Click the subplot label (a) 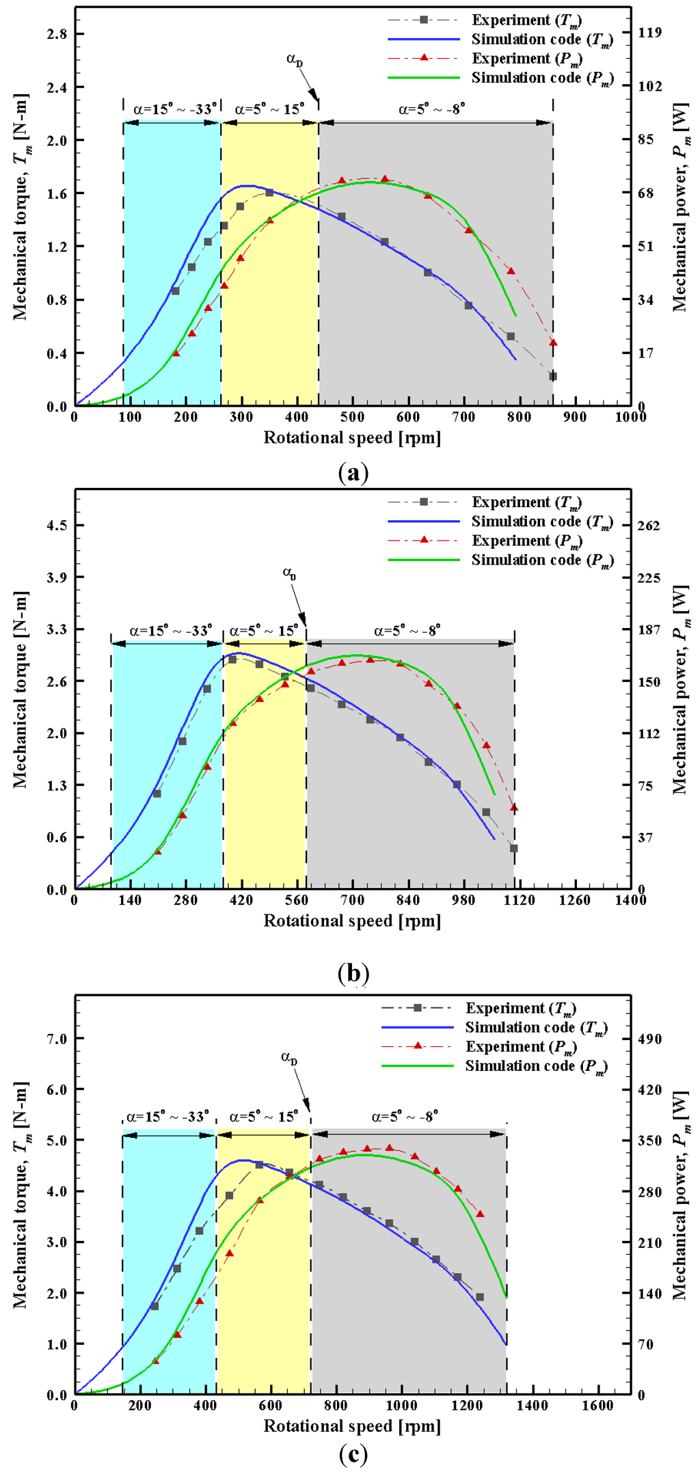point(353,473)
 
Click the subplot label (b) point(353,972)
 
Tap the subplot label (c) point(353,1454)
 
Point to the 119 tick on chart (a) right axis point(649,33)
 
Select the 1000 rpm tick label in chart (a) point(630,418)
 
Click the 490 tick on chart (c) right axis point(649,1039)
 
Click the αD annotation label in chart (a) point(295,59)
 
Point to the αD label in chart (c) point(289,1059)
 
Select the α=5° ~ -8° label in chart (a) point(432,109)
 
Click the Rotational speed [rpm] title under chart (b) point(352,920)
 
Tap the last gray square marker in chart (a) point(552,377)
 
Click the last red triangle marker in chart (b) point(514,808)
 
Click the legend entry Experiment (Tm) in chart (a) point(526,21)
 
